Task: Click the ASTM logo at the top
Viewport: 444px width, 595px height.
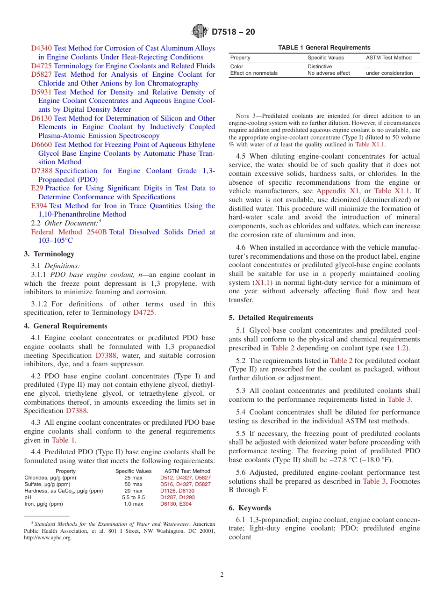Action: tap(200, 32)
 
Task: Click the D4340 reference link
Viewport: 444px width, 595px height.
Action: tap(41, 48)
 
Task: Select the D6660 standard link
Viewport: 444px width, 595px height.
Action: tap(41, 145)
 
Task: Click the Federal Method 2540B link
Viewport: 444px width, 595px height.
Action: tap(69, 232)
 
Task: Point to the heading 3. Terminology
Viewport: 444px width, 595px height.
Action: tap(49, 254)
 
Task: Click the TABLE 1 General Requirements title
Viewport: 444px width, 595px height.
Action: tap(324, 47)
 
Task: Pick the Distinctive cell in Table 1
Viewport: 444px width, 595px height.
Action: tap(320, 66)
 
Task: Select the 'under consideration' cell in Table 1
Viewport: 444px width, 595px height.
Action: tap(389, 73)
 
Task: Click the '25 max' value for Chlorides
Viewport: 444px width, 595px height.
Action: tap(133, 478)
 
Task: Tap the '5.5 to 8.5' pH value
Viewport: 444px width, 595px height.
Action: tap(133, 497)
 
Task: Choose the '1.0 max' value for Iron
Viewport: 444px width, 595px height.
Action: tap(133, 504)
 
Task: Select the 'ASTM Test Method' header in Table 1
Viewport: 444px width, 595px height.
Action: tap(388, 58)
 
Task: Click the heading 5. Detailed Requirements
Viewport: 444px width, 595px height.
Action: tap(271, 318)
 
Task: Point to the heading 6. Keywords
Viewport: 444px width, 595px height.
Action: tap(250, 508)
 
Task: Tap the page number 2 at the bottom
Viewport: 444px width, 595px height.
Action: tap(222, 575)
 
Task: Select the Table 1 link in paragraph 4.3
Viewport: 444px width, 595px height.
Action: tap(63, 440)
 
